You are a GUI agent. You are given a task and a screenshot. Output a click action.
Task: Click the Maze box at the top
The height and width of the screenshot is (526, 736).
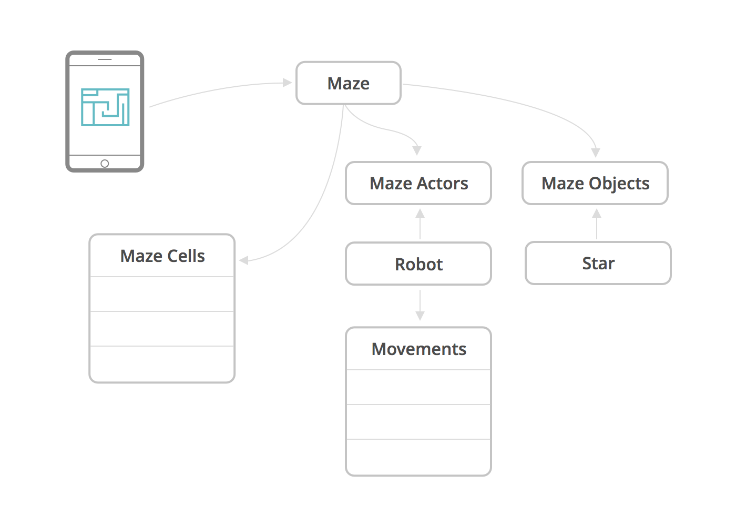pos(348,83)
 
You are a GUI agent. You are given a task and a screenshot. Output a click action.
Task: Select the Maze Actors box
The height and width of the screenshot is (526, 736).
pos(418,183)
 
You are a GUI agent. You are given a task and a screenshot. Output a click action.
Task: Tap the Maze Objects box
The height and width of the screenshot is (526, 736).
pos(595,183)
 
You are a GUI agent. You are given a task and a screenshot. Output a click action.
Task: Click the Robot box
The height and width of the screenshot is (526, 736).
pos(418,264)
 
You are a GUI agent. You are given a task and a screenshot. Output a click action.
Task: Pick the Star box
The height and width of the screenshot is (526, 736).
pos(598,263)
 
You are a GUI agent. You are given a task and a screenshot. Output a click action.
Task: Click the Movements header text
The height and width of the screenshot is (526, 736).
pos(418,349)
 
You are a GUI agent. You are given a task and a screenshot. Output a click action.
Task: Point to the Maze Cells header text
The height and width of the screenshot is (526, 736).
pos(162,256)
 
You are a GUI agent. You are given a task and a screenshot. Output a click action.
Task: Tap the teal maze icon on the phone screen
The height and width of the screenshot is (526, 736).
pos(105,107)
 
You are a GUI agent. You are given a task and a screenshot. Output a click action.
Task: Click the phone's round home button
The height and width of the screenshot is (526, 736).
pos(105,164)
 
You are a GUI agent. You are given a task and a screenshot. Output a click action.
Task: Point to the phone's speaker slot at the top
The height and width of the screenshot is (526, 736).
pos(105,59)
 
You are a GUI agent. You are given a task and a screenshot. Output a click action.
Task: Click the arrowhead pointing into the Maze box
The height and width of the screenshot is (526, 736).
pos(287,83)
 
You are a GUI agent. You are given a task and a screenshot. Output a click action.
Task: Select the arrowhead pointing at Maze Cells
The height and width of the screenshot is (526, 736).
pos(244,260)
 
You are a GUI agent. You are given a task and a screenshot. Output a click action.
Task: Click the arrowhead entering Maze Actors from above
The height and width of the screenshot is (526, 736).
pos(417,150)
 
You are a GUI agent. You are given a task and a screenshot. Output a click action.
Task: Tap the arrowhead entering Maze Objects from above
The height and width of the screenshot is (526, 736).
pos(596,153)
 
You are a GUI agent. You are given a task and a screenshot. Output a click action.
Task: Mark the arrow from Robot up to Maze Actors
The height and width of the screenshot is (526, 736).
pos(420,224)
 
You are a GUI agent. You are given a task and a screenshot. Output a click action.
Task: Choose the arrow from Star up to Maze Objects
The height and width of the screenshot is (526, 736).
pos(597,224)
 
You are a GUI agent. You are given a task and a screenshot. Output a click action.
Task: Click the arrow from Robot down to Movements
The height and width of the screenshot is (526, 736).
pos(420,306)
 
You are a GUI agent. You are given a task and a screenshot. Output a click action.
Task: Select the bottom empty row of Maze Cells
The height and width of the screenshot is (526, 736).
pos(162,363)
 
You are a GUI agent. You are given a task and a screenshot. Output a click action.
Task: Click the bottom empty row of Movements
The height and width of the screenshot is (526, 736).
pos(418,457)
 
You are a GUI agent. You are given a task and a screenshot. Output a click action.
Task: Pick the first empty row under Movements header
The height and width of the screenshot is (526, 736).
pos(418,387)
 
